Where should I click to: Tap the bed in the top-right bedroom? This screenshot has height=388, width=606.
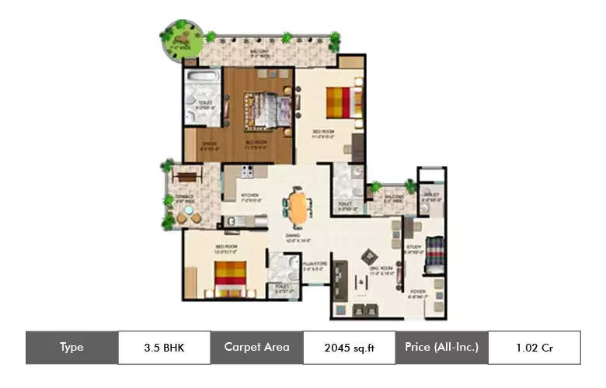click(342, 102)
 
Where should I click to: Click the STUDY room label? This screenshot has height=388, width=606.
click(413, 248)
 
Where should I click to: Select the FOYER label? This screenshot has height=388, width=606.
click(417, 292)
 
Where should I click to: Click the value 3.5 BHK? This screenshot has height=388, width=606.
click(164, 348)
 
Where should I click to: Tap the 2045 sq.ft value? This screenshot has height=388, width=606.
click(349, 348)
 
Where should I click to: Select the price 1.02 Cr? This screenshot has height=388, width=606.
click(534, 348)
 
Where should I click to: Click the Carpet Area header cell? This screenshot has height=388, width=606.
click(256, 348)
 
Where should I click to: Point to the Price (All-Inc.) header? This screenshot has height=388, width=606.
click(441, 348)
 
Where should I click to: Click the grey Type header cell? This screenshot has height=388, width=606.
click(71, 348)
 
